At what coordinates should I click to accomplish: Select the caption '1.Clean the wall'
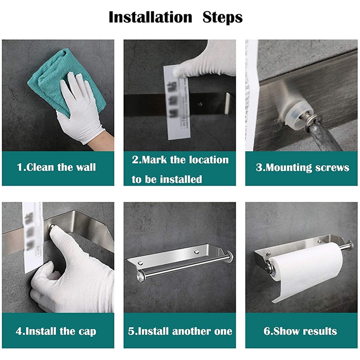coord(56,167)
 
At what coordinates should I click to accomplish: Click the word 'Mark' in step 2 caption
coord(158,160)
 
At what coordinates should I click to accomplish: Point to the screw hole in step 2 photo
coord(200,103)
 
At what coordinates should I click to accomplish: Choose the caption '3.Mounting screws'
coord(302,168)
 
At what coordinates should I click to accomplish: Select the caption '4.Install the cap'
coord(56,332)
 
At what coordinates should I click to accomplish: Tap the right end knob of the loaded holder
coord(348,245)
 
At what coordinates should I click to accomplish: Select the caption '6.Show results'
coord(300,332)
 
